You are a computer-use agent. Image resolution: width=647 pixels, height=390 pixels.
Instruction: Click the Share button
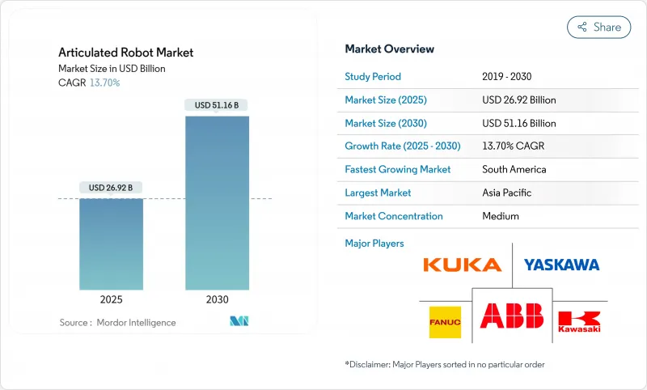[x=599, y=27]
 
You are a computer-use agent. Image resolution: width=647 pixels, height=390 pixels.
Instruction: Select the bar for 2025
[x=111, y=243]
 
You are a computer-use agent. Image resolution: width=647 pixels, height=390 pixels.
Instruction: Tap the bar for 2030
[x=217, y=202]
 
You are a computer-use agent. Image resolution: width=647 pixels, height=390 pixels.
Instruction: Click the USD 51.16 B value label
[x=217, y=105]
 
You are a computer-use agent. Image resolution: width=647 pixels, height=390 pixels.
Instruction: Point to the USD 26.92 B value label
[x=111, y=188]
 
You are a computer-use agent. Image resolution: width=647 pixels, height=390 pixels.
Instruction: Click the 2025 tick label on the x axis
[x=111, y=299]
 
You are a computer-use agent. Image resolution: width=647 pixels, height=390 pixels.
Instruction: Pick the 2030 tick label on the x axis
[x=217, y=299]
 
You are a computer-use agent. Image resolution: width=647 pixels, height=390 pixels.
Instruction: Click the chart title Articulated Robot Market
[x=125, y=53]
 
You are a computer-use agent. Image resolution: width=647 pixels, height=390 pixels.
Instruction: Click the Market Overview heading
[x=389, y=49]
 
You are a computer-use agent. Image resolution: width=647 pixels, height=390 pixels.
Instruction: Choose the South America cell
[x=514, y=170]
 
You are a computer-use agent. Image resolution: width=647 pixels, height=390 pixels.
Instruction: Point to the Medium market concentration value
[x=500, y=216]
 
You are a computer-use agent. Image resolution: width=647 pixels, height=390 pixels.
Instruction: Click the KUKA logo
[x=463, y=265]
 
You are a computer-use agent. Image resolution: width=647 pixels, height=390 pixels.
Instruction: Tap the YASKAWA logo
[x=561, y=265]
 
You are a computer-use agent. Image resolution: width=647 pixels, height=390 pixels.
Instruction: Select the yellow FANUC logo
[x=445, y=321]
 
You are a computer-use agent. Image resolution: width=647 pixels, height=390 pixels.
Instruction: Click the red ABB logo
[x=512, y=316]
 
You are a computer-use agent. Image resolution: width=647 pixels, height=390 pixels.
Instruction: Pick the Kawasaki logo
[x=579, y=322]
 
